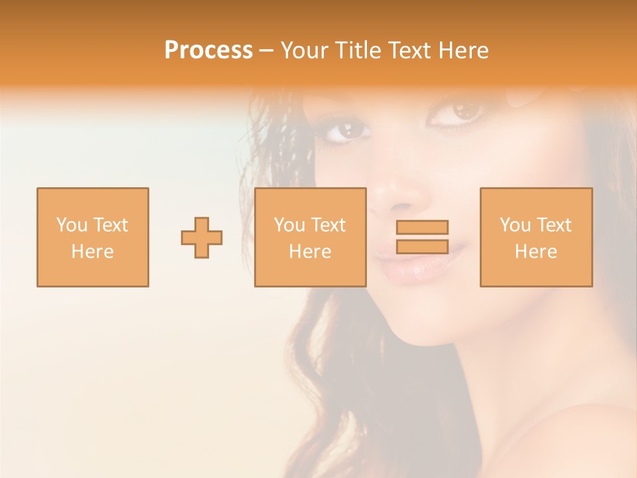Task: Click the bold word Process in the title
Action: point(208,50)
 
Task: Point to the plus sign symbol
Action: point(202,238)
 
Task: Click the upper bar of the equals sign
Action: point(422,227)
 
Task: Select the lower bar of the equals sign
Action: point(422,247)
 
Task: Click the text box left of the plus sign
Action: point(92,237)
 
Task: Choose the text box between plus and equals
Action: point(310,237)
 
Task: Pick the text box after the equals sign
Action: point(535,237)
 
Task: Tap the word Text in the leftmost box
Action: point(110,225)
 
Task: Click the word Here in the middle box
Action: point(310,252)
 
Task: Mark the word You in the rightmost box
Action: point(515,225)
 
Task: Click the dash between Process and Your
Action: point(267,50)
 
